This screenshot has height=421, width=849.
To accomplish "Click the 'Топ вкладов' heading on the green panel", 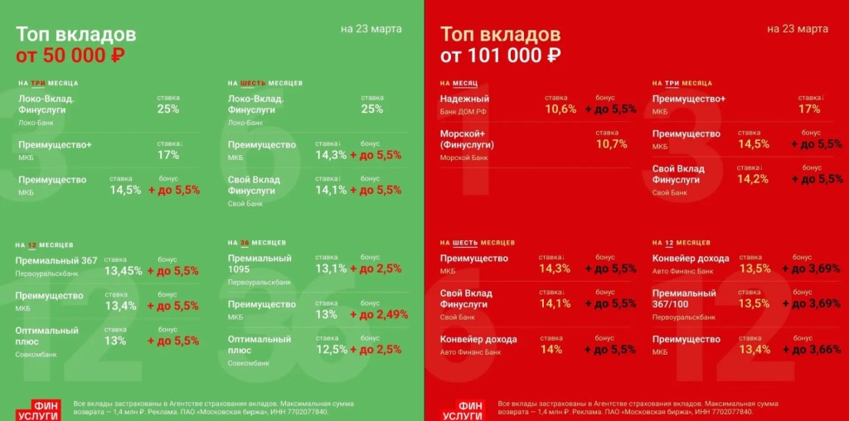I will click(x=76, y=35).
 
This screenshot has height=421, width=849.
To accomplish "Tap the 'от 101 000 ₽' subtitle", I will click(x=500, y=56).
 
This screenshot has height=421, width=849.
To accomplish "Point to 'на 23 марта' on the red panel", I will click(x=797, y=29).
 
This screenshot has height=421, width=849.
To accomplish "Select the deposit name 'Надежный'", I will click(x=464, y=99).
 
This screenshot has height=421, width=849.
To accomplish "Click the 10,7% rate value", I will click(x=611, y=143).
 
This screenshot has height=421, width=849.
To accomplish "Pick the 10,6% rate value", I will click(x=560, y=109).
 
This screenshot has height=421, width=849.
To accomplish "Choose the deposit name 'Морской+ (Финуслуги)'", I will click(x=468, y=138).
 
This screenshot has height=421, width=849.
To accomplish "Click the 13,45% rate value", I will click(x=122, y=270).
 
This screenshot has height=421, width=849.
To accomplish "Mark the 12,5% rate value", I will click(x=331, y=350).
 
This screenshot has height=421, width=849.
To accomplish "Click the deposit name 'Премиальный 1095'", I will click(x=260, y=264).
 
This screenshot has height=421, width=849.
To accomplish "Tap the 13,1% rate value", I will click(x=331, y=269).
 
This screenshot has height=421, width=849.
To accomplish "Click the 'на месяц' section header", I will click(x=458, y=84).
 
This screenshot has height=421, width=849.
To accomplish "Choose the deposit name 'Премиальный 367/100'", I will click(x=684, y=298).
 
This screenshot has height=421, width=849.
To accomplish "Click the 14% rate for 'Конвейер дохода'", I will click(x=551, y=350).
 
